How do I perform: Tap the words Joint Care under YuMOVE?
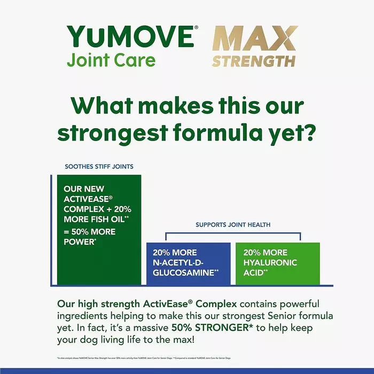(111, 60)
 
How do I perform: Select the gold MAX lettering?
(254, 38)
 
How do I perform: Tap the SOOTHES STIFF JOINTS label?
(99, 167)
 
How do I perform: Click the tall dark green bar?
(99, 256)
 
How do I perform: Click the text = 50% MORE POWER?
(89, 236)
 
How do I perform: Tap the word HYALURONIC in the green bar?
(269, 262)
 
